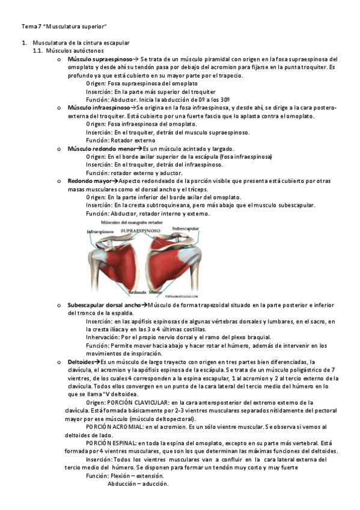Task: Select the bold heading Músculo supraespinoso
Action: pos(99,60)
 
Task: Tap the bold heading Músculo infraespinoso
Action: pos(98,106)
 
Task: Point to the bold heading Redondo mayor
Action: pos(90,180)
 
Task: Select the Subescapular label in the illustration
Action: pos(185,229)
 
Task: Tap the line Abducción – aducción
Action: pos(138,484)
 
